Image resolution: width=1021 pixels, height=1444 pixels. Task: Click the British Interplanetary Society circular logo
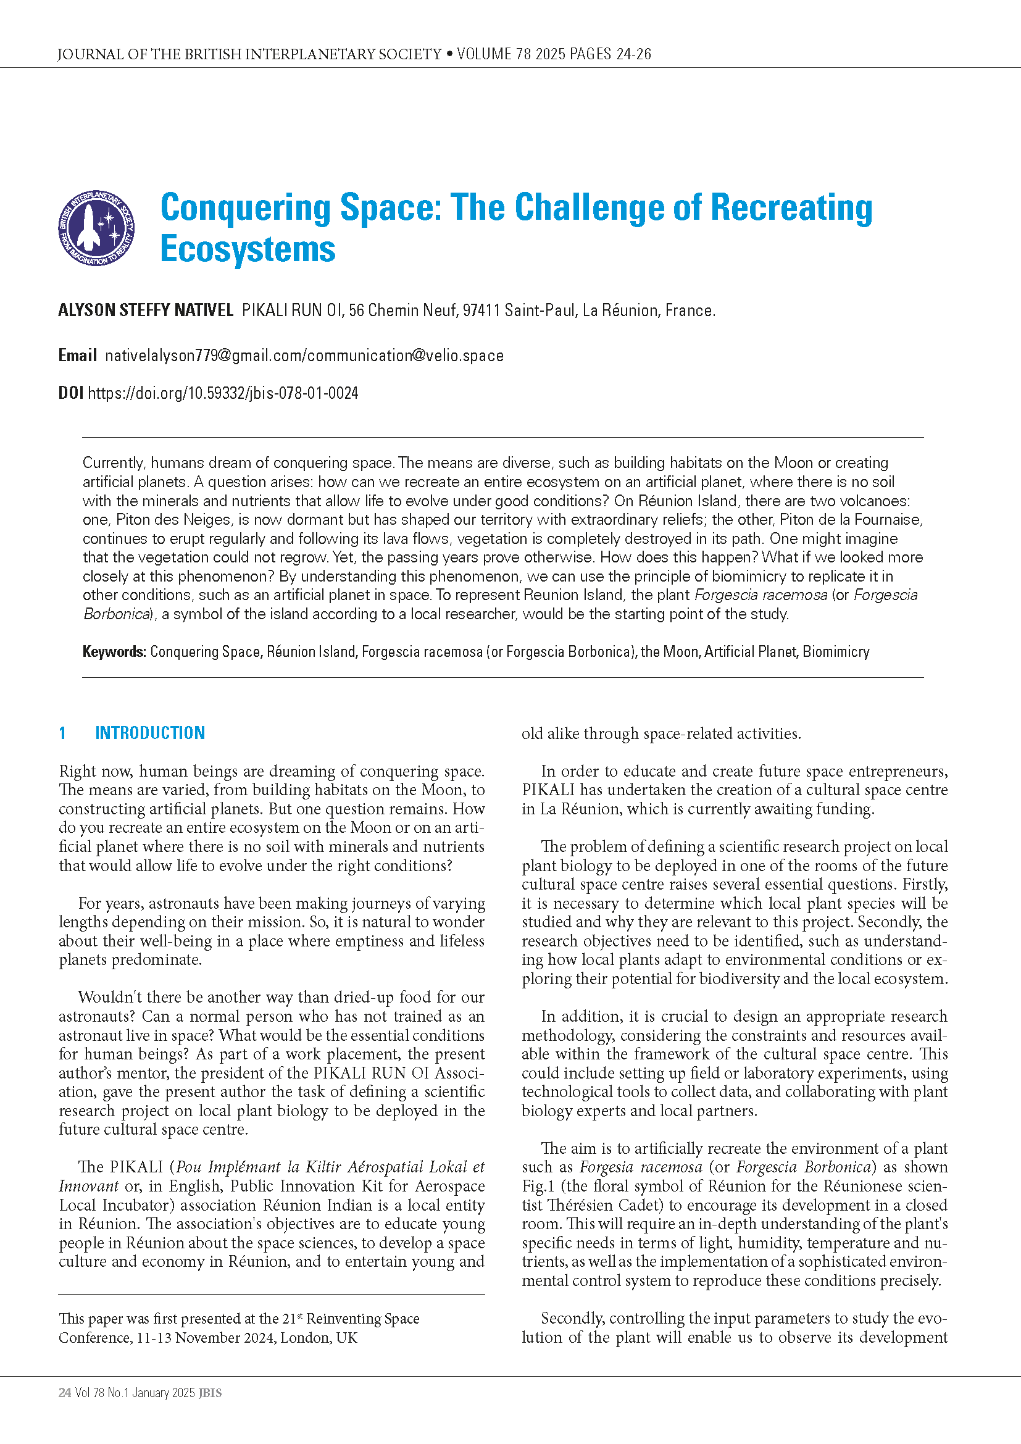96,228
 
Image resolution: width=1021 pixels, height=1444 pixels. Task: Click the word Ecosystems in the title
248,249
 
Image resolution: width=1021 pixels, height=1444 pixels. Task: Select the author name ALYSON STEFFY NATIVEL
145,310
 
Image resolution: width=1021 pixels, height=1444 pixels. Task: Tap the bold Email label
77,356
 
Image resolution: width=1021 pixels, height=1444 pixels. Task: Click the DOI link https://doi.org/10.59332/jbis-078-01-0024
223,393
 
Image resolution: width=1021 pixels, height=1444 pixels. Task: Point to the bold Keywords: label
114,651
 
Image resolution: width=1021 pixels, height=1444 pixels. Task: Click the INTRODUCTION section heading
149,733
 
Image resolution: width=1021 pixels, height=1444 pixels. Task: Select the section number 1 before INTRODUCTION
62,733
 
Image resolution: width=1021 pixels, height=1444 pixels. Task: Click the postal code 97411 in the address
481,310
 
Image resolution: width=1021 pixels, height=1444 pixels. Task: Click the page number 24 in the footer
64,1393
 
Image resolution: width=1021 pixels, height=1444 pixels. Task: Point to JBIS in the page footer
210,1393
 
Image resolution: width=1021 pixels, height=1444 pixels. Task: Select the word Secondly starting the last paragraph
573,1318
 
